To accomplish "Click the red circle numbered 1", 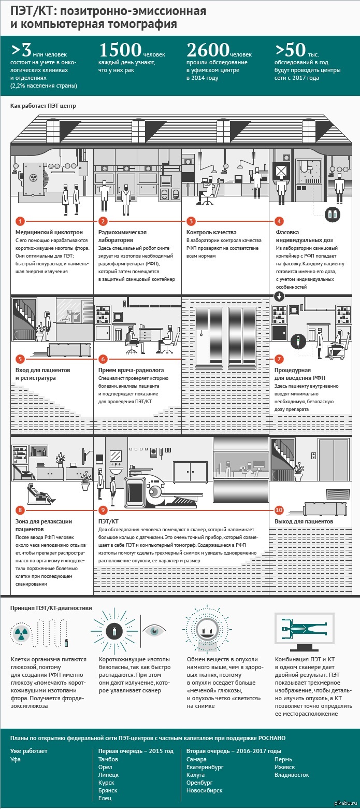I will point(20,221).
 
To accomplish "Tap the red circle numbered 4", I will point(279,221).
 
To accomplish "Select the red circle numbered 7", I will point(279,359).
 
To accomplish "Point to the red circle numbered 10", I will point(279,509).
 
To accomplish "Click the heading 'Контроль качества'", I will point(211,233).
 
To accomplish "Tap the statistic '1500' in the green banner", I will point(120,51).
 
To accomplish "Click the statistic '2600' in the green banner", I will point(207,51).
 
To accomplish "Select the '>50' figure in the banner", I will point(292,51).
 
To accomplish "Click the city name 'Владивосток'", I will point(292,775).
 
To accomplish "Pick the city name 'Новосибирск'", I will point(205,790).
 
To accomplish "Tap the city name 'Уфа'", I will point(16,759).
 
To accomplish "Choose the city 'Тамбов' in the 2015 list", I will point(108,759).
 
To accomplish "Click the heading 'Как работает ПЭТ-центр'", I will point(43,106).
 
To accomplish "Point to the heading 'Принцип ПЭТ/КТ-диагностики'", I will point(51,608).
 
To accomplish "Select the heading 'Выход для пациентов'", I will point(304,521).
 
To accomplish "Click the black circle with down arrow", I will point(279,297).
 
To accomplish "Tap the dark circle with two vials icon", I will point(332,214).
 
